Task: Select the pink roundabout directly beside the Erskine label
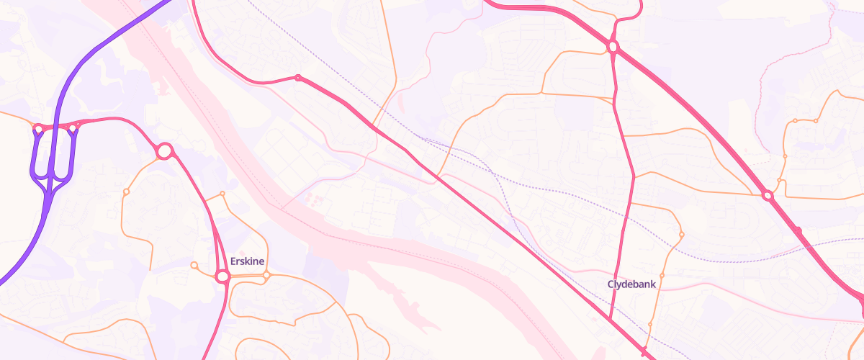(x=222, y=276)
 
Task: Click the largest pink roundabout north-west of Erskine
(x=164, y=151)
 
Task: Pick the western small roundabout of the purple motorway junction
(x=37, y=129)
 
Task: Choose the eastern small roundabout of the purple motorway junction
(x=72, y=128)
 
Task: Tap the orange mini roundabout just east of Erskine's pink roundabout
(x=266, y=275)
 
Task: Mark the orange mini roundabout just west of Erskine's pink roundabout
(x=194, y=266)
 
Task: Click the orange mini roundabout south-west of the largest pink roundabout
(x=126, y=192)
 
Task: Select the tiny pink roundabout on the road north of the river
(x=297, y=78)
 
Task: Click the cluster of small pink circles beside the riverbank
(x=311, y=197)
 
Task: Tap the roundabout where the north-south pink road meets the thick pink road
(x=613, y=47)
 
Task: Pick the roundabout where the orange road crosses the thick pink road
(x=768, y=195)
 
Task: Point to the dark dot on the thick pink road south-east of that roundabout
(x=798, y=230)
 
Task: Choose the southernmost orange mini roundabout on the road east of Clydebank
(x=649, y=325)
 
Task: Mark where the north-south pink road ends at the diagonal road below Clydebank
(x=610, y=319)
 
